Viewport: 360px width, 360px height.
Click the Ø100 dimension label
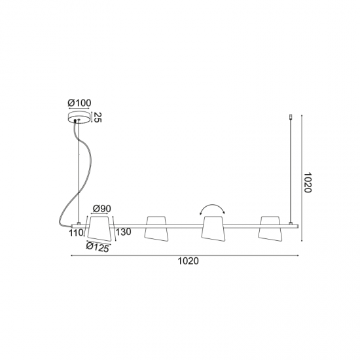(79, 103)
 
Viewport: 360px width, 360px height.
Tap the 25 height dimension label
(98, 118)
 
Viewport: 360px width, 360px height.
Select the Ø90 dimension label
(101, 209)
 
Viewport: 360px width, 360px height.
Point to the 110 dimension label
(76, 233)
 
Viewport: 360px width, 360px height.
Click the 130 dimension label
(123, 232)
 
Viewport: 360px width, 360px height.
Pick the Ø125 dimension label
(98, 247)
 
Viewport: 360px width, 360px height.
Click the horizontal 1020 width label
(189, 261)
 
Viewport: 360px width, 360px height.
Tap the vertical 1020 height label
(307, 183)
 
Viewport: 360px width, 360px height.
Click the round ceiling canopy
(79, 118)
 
